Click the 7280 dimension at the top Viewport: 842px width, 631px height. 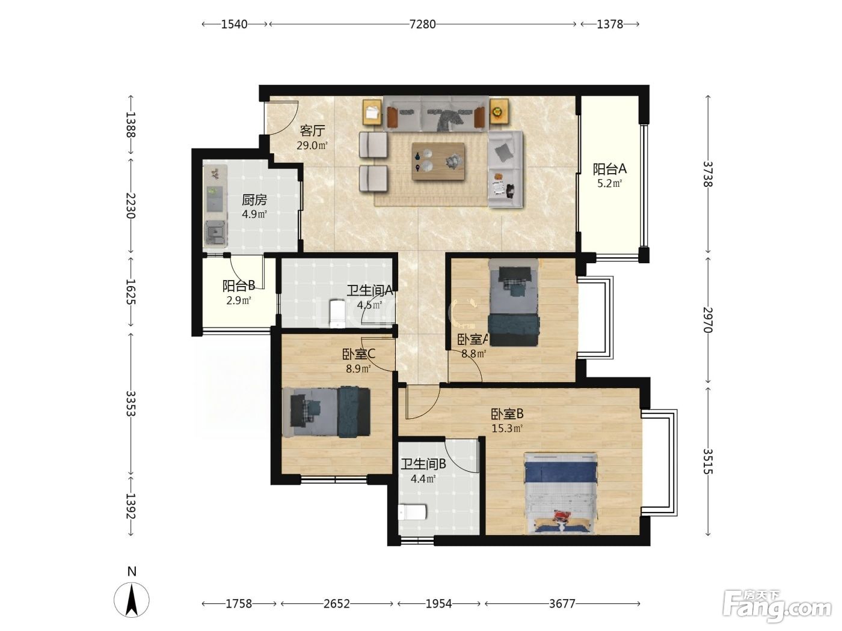pos(422,25)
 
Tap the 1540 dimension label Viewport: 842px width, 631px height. pos(235,25)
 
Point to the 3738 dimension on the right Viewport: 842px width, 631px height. pos(707,174)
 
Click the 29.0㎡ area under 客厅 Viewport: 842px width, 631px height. pos(312,145)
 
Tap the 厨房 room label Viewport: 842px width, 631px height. pos(254,200)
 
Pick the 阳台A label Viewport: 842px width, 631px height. pos(609,169)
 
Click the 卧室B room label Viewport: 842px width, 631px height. pos(507,414)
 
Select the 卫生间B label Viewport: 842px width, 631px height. pos(423,465)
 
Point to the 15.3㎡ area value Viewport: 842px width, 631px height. pos(507,428)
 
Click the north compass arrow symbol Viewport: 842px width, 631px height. pos(132,600)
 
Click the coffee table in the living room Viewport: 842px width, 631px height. pos(438,161)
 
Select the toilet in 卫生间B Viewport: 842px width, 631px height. pos(413,512)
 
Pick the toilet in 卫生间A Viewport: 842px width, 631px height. pos(337,313)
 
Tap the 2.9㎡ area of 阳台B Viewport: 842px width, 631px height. pos(239,300)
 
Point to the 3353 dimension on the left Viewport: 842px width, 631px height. pos(131,403)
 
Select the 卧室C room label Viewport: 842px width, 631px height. pos(358,355)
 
